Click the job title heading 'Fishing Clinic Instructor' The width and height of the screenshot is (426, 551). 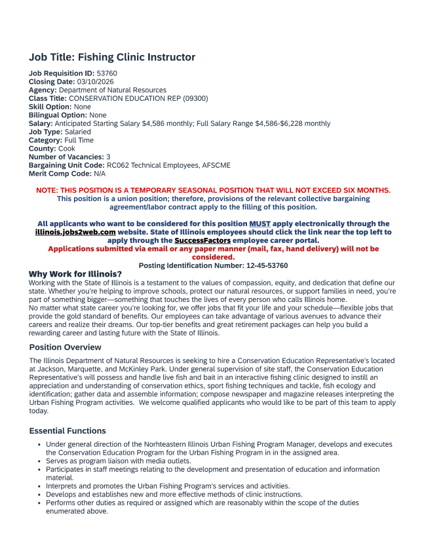click(112, 58)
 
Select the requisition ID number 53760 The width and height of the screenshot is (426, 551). click(107, 73)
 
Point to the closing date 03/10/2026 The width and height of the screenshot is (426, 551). click(96, 81)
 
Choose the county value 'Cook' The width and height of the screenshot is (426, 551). click(67, 149)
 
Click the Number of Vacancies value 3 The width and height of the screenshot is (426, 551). click(108, 157)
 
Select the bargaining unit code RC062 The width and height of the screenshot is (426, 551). click(118, 166)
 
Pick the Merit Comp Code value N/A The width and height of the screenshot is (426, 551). click(100, 174)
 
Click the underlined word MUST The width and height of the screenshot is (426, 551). click(260, 224)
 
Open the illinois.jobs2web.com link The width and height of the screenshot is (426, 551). click(75, 232)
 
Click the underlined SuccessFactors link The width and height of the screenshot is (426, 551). click(203, 240)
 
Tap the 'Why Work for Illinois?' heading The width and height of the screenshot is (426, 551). click(75, 274)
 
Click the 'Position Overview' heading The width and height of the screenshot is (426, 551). click(66, 347)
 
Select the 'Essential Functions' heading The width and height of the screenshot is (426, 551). click(68, 431)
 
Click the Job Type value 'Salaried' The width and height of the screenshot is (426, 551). click(78, 132)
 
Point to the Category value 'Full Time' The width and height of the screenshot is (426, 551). click(79, 140)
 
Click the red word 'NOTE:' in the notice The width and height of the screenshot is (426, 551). click(47, 191)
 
